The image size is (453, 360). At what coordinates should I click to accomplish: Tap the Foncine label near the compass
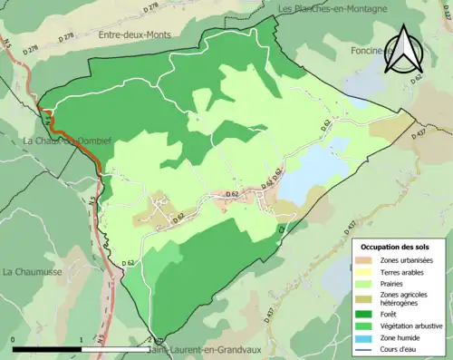pyautogui.click(x=367, y=52)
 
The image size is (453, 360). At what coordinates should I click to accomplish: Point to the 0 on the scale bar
pyautogui.click(x=14, y=341)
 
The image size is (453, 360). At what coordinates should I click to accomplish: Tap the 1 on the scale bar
pyautogui.click(x=82, y=341)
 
